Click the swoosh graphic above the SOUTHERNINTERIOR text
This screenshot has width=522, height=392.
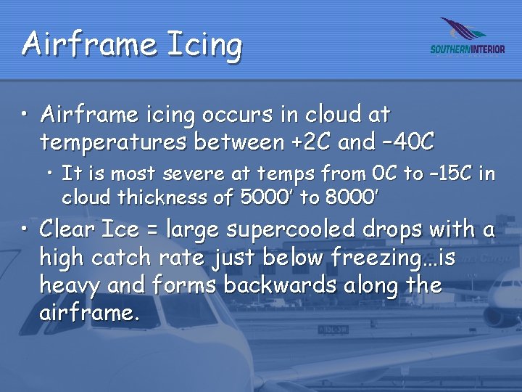click(x=464, y=30)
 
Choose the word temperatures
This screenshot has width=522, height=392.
click(x=114, y=142)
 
